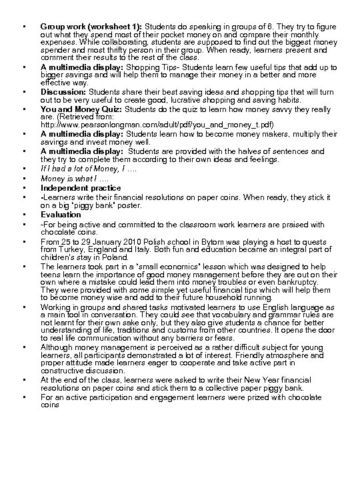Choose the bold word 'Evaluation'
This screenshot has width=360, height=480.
(x=61, y=215)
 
